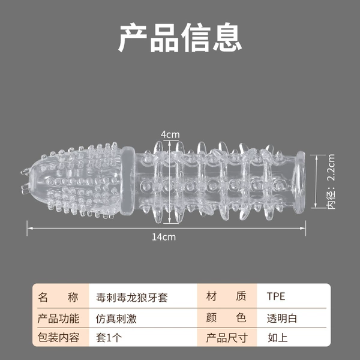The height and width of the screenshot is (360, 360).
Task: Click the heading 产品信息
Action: coord(180,37)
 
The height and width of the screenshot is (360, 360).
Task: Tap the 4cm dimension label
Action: coord(170,134)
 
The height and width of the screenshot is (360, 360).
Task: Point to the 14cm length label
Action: coord(164,237)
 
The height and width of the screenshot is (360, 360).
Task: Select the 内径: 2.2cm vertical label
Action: coord(331,181)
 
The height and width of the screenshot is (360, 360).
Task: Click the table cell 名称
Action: coord(58,297)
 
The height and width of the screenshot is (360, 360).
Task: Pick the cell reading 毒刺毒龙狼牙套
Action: coord(132,298)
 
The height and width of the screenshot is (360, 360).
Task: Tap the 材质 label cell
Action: coord(226,296)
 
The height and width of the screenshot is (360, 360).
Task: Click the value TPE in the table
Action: coord(276,296)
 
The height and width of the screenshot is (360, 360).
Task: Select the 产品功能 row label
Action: coord(58,319)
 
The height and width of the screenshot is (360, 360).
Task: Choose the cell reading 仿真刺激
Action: coord(116,319)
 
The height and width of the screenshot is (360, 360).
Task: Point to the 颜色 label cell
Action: coord(226,318)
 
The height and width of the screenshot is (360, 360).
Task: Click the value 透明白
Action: coord(282,319)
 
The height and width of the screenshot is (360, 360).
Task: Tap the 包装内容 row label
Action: coord(58,337)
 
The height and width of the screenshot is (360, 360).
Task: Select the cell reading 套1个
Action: coord(109,338)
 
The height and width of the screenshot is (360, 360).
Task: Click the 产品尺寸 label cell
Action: coord(227,338)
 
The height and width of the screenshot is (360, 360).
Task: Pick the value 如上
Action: coord(277,338)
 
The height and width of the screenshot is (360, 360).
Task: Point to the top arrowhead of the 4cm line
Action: coord(170,142)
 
